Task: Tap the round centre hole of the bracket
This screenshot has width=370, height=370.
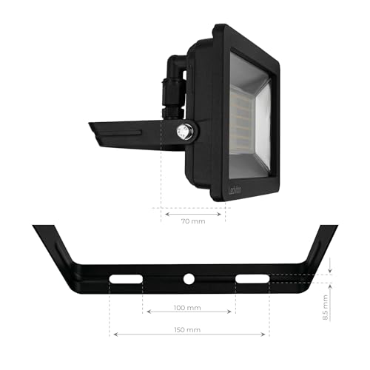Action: [189, 278]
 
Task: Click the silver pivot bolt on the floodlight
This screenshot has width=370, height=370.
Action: [184, 132]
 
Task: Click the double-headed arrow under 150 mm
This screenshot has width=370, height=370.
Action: [189, 335]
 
